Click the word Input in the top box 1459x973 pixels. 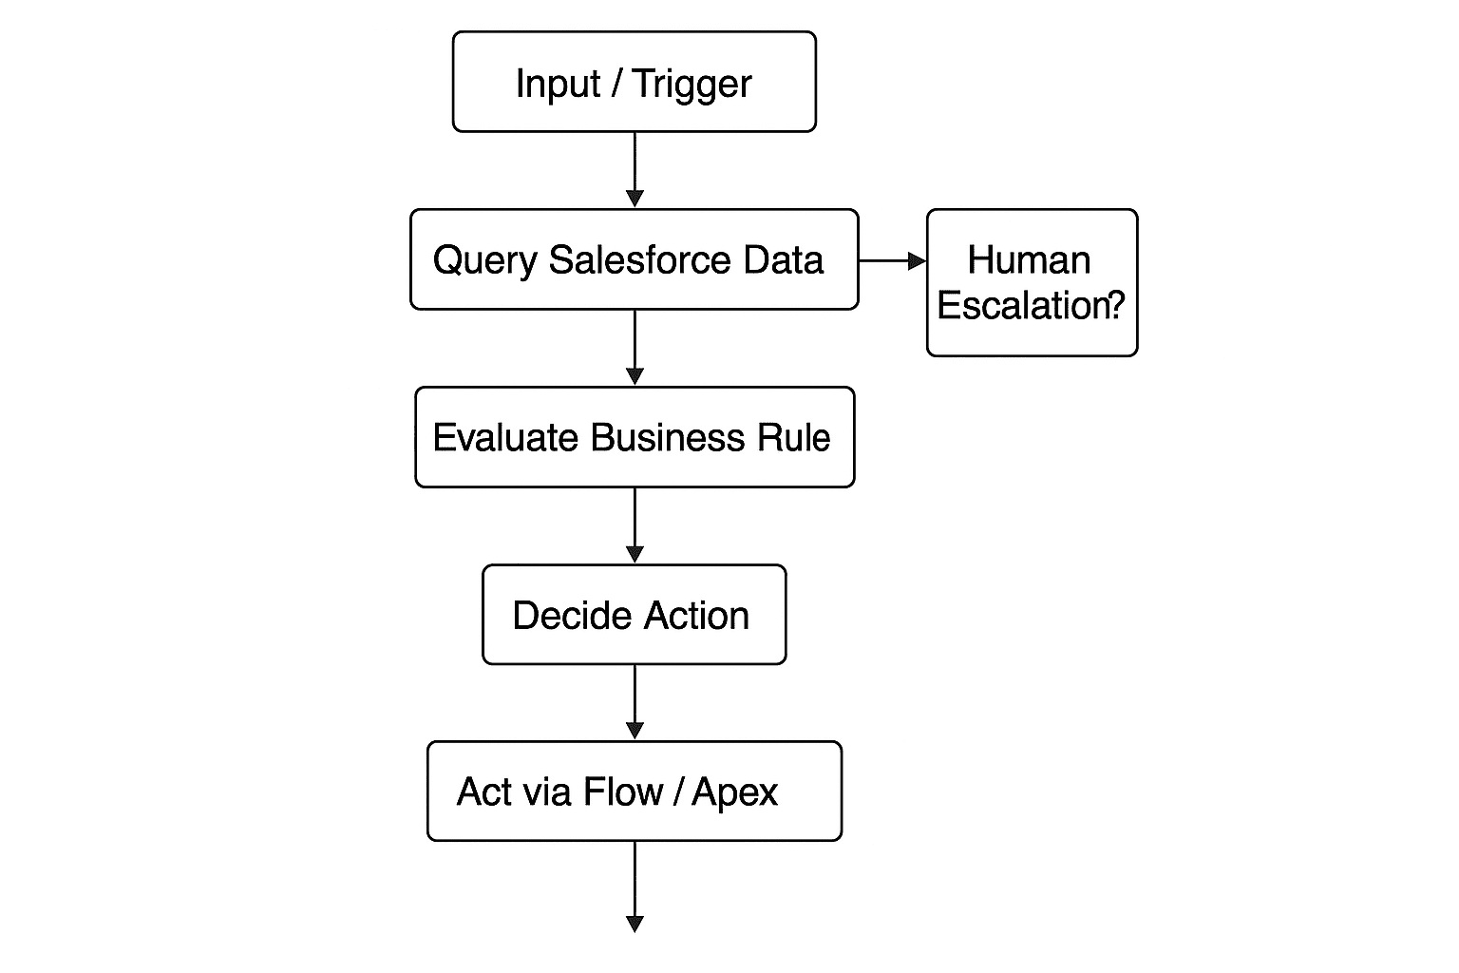(558, 85)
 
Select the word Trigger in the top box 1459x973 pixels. (692, 85)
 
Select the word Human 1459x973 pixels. (1029, 260)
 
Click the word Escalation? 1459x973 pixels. (1031, 305)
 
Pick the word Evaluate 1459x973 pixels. (505, 438)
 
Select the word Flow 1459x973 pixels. (623, 792)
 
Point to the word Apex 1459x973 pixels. (734, 792)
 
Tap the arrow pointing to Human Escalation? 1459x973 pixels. (892, 260)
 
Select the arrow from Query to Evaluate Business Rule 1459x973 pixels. (635, 347)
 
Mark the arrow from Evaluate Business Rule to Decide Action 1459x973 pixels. (635, 525)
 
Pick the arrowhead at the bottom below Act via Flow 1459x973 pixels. (635, 923)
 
